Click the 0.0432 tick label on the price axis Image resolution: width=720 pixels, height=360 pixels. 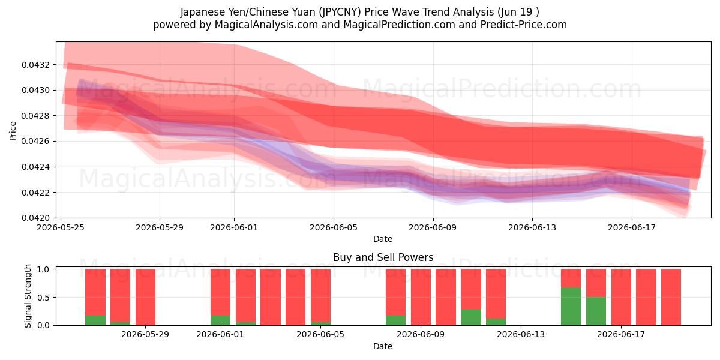pos(35,65)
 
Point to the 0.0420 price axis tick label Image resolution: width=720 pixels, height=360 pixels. pos(35,218)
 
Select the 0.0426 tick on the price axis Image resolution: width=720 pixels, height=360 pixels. pos(35,142)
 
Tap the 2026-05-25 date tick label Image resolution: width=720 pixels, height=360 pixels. pos(61,227)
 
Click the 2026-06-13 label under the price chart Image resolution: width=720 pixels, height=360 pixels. pos(532,227)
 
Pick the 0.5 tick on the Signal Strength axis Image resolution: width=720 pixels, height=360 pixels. pos(43,298)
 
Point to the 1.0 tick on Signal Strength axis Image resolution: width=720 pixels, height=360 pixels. pos(43,269)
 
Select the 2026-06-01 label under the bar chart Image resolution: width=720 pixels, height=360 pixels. pos(220,335)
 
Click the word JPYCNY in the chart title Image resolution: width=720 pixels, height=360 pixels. pos(340,12)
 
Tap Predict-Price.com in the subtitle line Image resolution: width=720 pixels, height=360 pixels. pos(524,25)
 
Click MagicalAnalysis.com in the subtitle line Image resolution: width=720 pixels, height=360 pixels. pos(266,25)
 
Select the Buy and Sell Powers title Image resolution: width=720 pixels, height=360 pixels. pos(383,257)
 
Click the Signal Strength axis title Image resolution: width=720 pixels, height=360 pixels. pos(28,296)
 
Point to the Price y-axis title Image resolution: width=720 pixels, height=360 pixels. pos(13,131)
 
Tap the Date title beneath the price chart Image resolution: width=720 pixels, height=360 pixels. pos(383,239)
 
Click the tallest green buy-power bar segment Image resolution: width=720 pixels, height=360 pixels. pos(571,307)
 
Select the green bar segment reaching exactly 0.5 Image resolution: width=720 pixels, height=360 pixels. pos(596,311)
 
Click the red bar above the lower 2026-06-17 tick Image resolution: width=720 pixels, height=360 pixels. pos(621,297)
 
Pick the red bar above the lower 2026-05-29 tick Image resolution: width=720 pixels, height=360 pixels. pos(145,297)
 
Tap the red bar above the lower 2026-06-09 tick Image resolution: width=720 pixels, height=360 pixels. pos(421,297)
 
